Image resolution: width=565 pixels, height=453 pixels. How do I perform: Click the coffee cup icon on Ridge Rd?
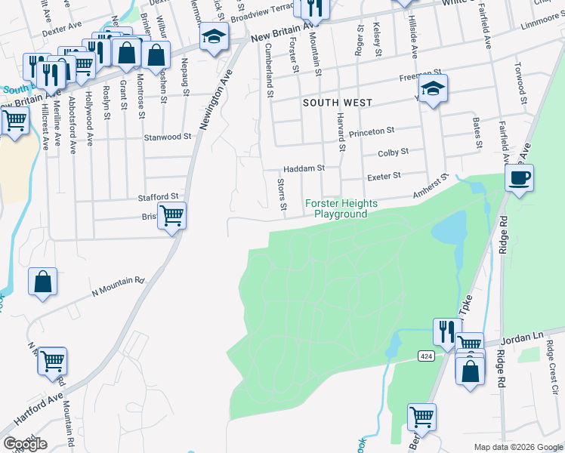[x=519, y=179]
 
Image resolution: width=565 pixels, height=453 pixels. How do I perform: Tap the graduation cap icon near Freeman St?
[x=433, y=89]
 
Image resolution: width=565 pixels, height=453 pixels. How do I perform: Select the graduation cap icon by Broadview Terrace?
[x=214, y=35]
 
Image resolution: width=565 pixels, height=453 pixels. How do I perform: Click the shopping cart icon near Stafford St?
[x=171, y=216]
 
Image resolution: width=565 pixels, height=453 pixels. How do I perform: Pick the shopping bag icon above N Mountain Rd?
[x=43, y=282]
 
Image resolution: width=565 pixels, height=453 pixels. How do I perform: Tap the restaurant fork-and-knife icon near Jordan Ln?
[x=447, y=331]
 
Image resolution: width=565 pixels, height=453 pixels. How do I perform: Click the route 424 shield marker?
[x=424, y=355]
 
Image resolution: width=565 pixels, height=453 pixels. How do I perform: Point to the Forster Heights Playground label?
[x=336, y=208]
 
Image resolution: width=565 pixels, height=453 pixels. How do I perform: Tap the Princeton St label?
[x=373, y=133]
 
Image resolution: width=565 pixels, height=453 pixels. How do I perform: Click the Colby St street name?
[x=393, y=152]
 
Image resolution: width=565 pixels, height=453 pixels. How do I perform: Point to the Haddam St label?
[x=303, y=168]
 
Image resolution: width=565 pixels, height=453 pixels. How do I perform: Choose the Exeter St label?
[x=383, y=175]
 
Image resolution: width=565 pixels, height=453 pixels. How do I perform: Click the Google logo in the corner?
[x=25, y=444]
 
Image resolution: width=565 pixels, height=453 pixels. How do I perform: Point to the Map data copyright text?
[x=517, y=447]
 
